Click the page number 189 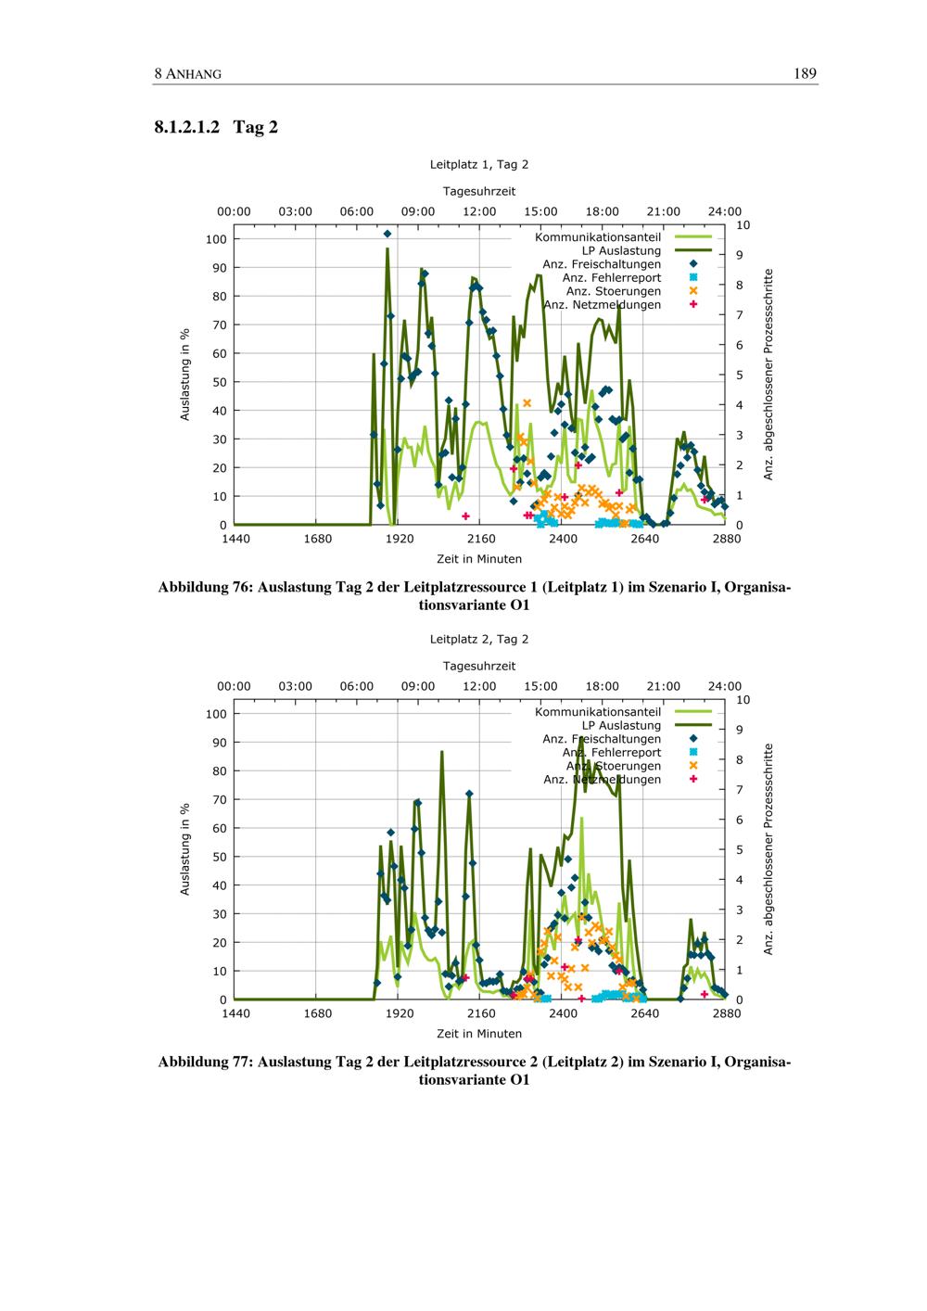pyautogui.click(x=805, y=74)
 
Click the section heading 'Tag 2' pyautogui.click(x=255, y=127)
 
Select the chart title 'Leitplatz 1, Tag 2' pyautogui.click(x=478, y=164)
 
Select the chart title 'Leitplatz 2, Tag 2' pyautogui.click(x=478, y=639)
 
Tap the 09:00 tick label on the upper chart pyautogui.click(x=418, y=212)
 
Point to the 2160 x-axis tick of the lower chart pyautogui.click(x=481, y=1013)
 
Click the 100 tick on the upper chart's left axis pyautogui.click(x=216, y=239)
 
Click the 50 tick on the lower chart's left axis pyautogui.click(x=220, y=857)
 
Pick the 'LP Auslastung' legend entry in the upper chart pyautogui.click(x=621, y=250)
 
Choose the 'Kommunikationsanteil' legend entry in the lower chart pyautogui.click(x=598, y=712)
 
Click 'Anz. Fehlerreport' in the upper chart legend pyautogui.click(x=612, y=277)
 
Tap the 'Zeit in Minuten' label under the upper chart pyautogui.click(x=478, y=559)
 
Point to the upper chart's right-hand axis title pyautogui.click(x=768, y=375)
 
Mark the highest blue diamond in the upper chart pyautogui.click(x=387, y=234)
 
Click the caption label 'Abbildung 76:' pyautogui.click(x=206, y=587)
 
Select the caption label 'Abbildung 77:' pyautogui.click(x=206, y=1062)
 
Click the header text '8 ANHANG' pyautogui.click(x=188, y=74)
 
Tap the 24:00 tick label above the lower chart pyautogui.click(x=725, y=686)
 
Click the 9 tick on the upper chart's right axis pyautogui.click(x=739, y=255)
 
